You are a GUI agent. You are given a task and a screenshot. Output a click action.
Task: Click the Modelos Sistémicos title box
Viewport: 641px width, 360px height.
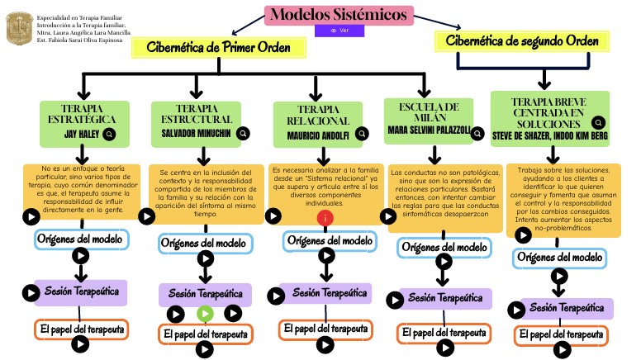(339, 15)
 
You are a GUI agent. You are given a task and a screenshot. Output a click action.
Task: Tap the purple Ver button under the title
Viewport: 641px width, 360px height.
(339, 31)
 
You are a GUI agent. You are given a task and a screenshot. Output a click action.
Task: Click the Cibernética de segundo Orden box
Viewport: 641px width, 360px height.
(522, 40)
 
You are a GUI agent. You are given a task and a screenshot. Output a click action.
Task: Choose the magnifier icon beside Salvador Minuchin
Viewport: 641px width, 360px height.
(243, 133)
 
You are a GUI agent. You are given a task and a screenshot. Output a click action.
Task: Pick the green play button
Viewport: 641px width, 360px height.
(205, 314)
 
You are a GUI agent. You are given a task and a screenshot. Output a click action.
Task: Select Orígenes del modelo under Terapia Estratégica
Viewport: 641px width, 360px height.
(82, 239)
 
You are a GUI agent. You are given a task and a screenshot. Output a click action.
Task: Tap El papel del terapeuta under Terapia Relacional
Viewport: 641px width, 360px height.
(325, 329)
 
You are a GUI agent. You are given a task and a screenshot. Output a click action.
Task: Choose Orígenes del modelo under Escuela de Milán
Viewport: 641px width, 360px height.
(443, 247)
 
